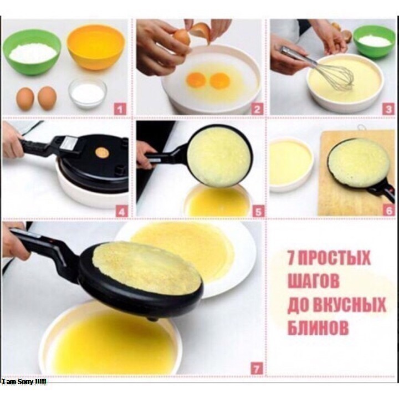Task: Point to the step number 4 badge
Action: click(121, 211)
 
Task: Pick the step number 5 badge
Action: click(258, 211)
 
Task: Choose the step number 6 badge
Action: click(390, 210)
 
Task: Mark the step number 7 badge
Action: click(257, 368)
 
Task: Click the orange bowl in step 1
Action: click(96, 47)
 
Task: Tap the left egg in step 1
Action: click(25, 99)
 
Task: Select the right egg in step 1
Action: click(47, 98)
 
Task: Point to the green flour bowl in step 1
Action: click(32, 52)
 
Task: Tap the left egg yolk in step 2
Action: click(196, 80)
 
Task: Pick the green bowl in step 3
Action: click(374, 42)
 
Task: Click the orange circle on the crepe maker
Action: click(102, 153)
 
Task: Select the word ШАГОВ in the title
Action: click(313, 281)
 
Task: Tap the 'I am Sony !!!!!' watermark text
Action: click(23, 382)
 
